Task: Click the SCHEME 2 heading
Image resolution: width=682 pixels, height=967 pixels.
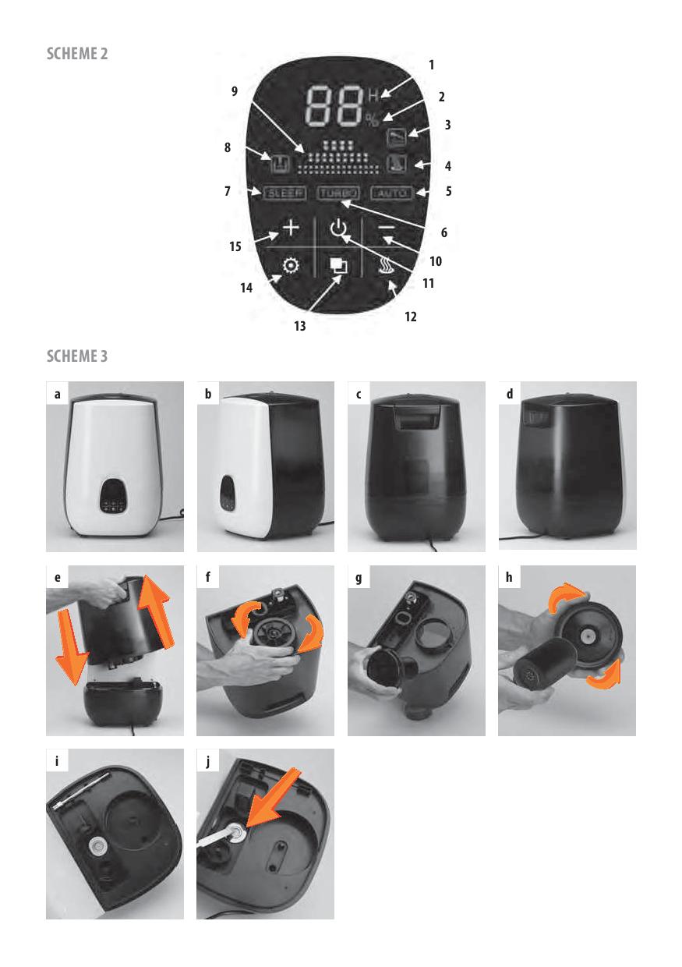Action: pyautogui.click(x=77, y=54)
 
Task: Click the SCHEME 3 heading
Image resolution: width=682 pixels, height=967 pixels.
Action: pyautogui.click(x=77, y=356)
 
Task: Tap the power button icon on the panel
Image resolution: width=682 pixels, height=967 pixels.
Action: pyautogui.click(x=337, y=227)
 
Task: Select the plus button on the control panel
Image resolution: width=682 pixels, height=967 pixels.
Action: pyautogui.click(x=292, y=228)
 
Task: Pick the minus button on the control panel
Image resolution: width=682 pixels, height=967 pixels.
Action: pyautogui.click(x=387, y=228)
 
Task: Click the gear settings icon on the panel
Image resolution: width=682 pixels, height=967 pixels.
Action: pyautogui.click(x=290, y=265)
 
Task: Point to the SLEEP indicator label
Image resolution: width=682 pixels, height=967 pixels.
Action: pyautogui.click(x=284, y=193)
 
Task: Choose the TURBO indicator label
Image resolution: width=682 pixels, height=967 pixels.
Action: pyautogui.click(x=337, y=193)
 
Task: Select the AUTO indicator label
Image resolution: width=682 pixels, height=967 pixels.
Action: pyautogui.click(x=392, y=193)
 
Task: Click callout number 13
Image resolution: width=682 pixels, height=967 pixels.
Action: pyautogui.click(x=300, y=325)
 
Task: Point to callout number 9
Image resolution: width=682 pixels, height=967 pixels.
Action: pyautogui.click(x=235, y=91)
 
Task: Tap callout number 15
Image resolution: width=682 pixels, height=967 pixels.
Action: pyautogui.click(x=235, y=246)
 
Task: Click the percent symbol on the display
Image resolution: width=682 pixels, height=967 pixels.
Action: pyautogui.click(x=373, y=120)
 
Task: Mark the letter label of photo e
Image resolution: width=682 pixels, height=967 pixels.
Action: pyautogui.click(x=58, y=577)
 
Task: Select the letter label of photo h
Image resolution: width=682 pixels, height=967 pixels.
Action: pyautogui.click(x=509, y=577)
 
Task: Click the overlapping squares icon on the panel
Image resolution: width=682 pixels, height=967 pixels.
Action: pyautogui.click(x=337, y=265)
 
